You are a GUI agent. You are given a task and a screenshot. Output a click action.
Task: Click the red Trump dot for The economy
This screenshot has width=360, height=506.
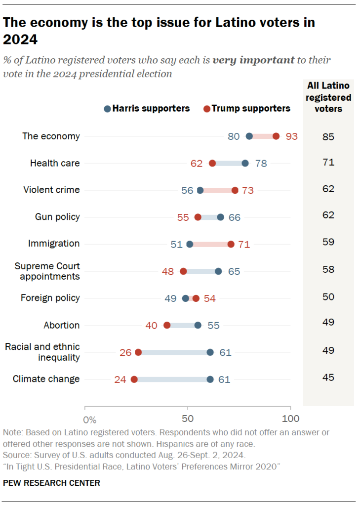[276, 136]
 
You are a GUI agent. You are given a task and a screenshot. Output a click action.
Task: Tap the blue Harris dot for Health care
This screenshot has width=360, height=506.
[245, 163]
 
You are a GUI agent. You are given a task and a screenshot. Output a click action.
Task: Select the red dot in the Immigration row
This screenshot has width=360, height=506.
[231, 244]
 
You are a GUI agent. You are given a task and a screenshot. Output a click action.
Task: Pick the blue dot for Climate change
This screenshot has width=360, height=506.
[210, 379]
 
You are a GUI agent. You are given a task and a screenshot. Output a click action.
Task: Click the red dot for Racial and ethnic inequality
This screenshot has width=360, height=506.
[138, 352]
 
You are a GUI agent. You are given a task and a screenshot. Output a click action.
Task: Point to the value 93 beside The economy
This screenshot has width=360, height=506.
[292, 136]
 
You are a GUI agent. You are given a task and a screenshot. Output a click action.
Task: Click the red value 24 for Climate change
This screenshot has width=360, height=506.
[120, 379]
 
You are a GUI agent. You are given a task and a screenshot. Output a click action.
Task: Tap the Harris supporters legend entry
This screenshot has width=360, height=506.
[147, 108]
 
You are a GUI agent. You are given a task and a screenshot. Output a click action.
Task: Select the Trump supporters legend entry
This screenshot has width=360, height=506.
[247, 108]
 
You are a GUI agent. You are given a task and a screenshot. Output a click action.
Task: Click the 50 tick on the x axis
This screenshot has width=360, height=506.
[188, 419]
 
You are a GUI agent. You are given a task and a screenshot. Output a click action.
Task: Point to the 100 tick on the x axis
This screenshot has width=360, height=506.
[290, 419]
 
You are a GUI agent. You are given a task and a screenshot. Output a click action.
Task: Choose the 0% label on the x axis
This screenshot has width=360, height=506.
[89, 420]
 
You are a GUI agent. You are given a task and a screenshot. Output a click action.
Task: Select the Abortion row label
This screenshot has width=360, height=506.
[61, 325]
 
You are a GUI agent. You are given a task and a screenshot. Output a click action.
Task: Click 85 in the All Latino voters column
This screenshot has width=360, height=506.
[328, 136]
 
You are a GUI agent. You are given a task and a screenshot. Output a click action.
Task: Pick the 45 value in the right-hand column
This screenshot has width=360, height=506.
[328, 378]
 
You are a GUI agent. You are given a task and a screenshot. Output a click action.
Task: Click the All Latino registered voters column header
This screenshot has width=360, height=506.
[328, 97]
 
